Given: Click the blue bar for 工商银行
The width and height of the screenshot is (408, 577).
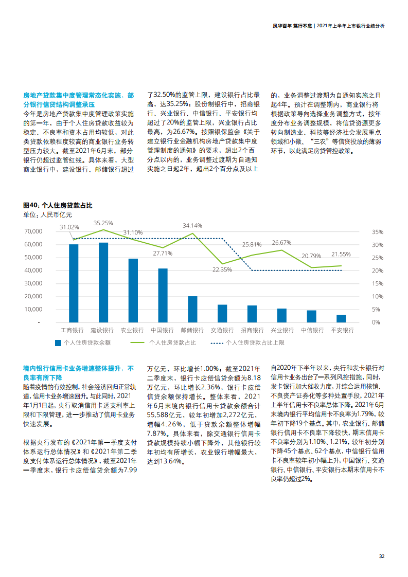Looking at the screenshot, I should [74, 283].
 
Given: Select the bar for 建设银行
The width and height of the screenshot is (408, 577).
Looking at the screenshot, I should [103, 282].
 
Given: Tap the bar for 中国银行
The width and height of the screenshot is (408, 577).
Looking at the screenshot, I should [163, 295].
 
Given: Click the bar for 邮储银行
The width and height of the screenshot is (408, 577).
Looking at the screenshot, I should [192, 309].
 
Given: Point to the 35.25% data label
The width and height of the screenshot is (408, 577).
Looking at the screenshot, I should [103, 223].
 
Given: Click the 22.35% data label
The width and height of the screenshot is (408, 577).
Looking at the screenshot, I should [222, 269].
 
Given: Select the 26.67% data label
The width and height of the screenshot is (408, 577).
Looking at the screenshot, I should [281, 242].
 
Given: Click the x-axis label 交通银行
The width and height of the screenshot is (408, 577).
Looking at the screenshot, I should [222, 330].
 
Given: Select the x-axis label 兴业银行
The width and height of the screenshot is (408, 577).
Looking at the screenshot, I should [282, 330].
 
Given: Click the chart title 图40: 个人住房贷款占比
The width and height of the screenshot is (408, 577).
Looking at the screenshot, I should [58, 205].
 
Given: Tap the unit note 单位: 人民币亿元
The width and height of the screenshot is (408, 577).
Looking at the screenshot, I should [48, 214].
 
